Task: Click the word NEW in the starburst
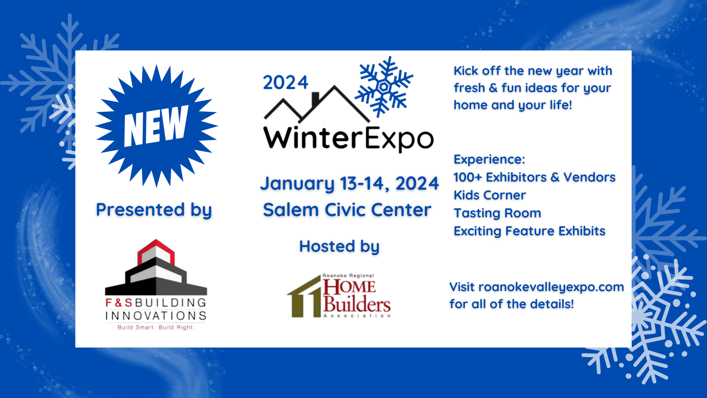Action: click(156, 126)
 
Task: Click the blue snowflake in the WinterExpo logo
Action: click(384, 87)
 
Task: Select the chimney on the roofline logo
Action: click(316, 99)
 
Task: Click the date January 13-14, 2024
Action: click(349, 183)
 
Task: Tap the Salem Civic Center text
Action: click(347, 210)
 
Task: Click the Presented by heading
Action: click(154, 210)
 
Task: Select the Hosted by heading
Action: click(339, 246)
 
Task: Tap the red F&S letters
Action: click(119, 303)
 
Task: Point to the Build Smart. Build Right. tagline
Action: click(156, 327)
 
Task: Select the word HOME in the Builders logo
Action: click(349, 287)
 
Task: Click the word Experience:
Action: click(489, 159)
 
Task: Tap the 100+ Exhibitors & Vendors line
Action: click(534, 177)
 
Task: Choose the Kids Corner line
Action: click(490, 195)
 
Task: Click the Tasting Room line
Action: click(497, 213)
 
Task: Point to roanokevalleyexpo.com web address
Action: click(551, 287)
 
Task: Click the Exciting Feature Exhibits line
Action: click(529, 231)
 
